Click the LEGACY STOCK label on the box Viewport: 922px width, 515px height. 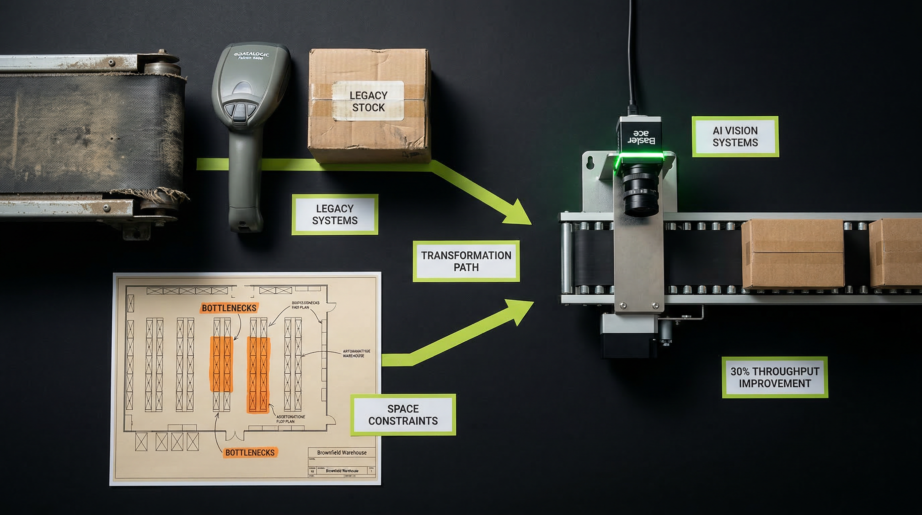pyautogui.click(x=368, y=101)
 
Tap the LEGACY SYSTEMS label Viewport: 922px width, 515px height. pyautogui.click(x=335, y=215)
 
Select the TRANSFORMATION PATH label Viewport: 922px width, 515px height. pyautogui.click(x=466, y=261)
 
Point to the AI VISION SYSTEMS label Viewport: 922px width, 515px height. pyautogui.click(x=735, y=136)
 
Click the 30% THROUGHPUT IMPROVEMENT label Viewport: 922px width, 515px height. pyautogui.click(x=775, y=377)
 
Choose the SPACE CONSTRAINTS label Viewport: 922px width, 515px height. pyautogui.click(x=403, y=415)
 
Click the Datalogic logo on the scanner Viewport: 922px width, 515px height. pyautogui.click(x=252, y=55)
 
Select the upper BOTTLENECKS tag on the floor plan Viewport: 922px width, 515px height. pyautogui.click(x=229, y=308)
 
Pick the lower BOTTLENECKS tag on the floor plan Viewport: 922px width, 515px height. pyautogui.click(x=250, y=453)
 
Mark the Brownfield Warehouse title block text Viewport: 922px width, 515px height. pyautogui.click(x=341, y=453)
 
